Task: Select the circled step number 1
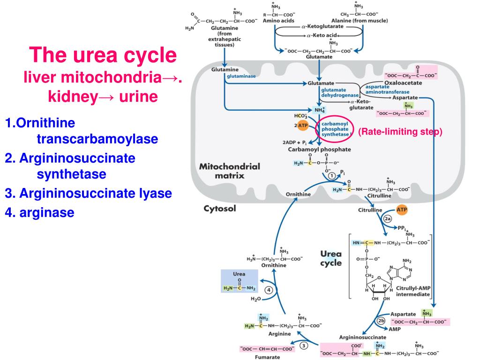(x=331, y=176)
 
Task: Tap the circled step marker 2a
(x=387, y=219)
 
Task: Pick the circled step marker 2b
(x=381, y=321)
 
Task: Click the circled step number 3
(x=304, y=346)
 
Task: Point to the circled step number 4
(x=269, y=290)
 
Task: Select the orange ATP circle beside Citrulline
(x=402, y=210)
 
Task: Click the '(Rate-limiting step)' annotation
(x=400, y=132)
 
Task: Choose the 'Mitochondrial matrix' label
(x=229, y=171)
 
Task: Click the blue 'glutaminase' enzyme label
(x=241, y=76)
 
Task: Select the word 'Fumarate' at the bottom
(x=267, y=357)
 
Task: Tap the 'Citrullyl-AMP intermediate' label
(x=412, y=291)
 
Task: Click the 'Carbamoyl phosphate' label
(x=319, y=150)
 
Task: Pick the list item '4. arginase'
(x=40, y=212)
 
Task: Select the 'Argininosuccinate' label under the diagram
(x=362, y=337)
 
